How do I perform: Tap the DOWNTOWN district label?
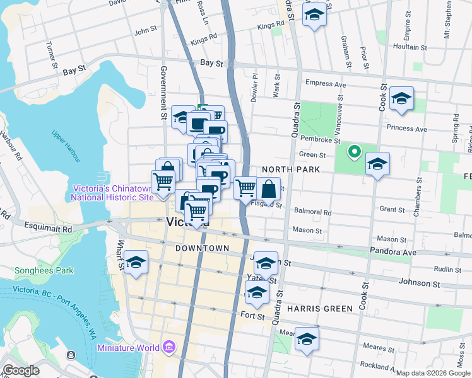[x=202, y=248]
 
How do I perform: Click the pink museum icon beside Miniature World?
[x=168, y=348]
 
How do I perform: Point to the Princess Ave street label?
[x=407, y=129]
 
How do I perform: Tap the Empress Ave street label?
[x=326, y=84]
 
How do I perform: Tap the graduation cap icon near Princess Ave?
[x=401, y=99]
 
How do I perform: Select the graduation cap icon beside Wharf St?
[x=136, y=263]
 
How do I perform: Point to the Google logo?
[x=21, y=370]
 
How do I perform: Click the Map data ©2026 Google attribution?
[x=432, y=373]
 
